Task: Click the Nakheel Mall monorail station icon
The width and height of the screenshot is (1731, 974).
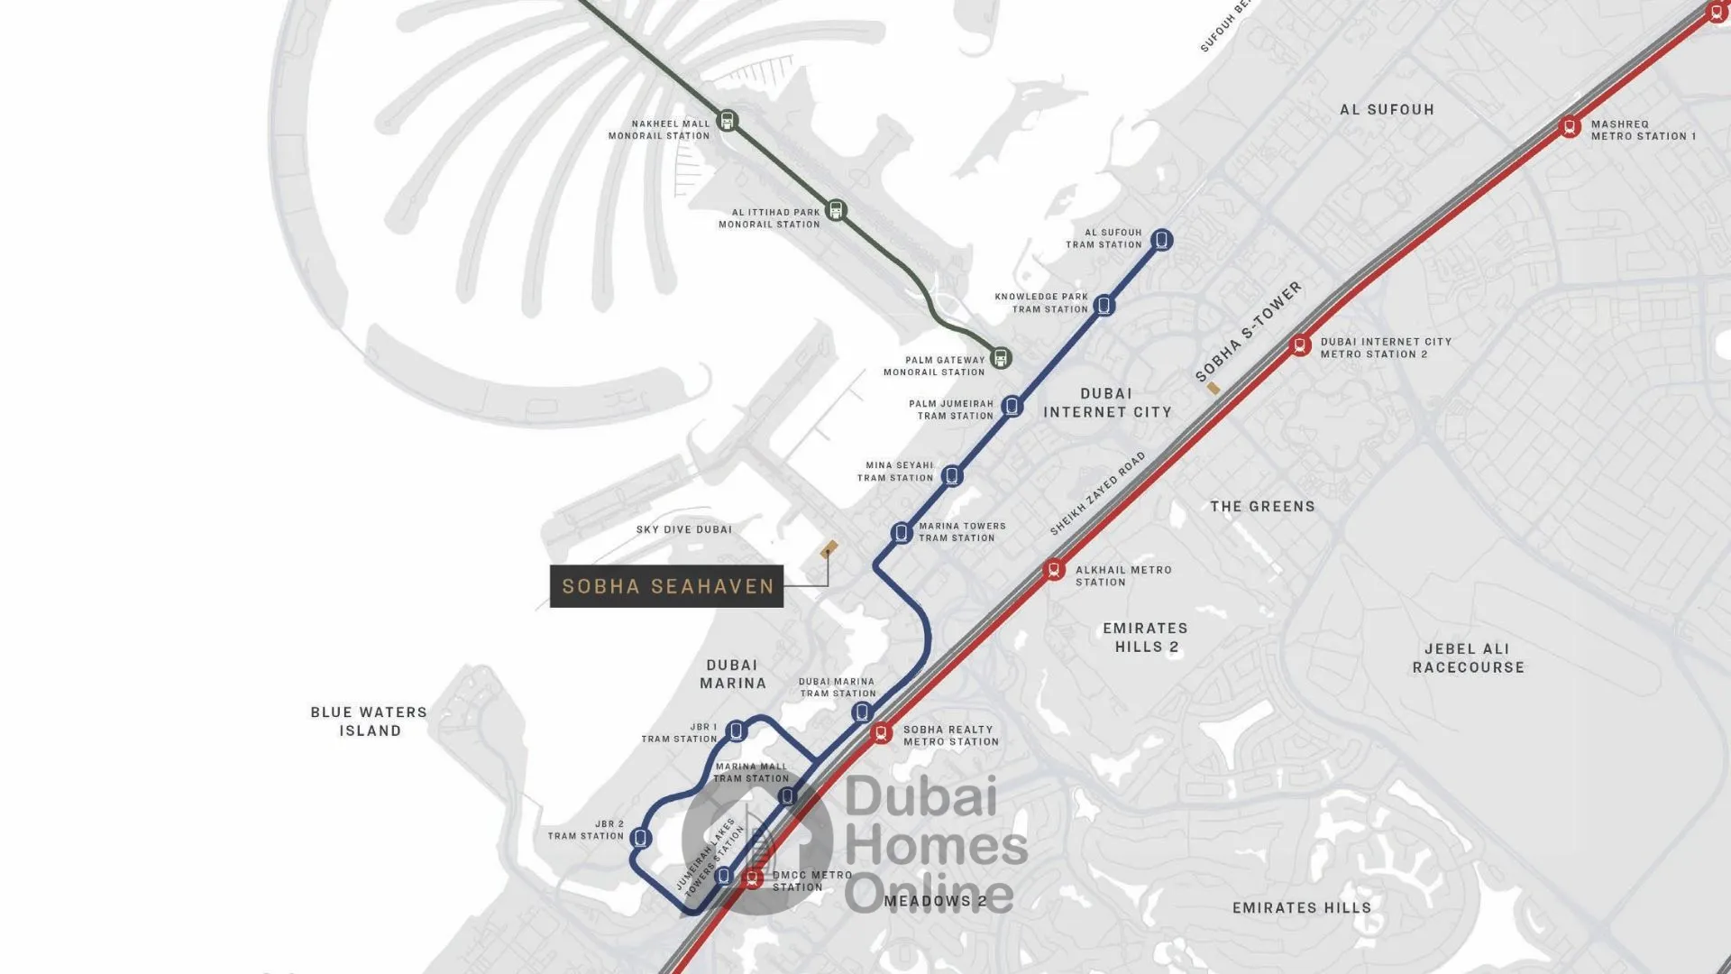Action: click(727, 120)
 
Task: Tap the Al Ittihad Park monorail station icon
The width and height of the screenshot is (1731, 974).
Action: click(836, 211)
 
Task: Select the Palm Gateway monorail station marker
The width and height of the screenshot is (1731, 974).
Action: click(1000, 357)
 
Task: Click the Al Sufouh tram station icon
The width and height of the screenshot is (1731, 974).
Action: click(1161, 240)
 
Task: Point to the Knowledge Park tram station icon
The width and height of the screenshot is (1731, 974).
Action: click(1104, 306)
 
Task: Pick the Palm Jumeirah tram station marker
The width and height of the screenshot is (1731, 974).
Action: click(1012, 407)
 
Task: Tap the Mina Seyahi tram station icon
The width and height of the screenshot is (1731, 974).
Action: click(952, 475)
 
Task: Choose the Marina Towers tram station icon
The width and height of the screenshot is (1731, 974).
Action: click(901, 533)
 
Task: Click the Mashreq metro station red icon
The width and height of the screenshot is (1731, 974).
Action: click(1570, 127)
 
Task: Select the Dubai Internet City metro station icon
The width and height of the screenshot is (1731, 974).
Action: click(1299, 345)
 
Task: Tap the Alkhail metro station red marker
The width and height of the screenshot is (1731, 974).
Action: click(1053, 570)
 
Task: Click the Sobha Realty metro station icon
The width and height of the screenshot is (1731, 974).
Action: click(881, 733)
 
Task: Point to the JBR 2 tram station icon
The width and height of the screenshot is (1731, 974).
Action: click(640, 838)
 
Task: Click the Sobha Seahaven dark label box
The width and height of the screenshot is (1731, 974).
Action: click(666, 586)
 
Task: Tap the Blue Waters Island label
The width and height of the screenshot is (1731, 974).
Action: click(370, 721)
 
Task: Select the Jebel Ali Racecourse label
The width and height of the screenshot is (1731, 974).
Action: click(1468, 658)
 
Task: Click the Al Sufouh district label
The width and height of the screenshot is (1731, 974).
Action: click(1387, 110)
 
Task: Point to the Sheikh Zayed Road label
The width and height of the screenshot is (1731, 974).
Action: click(1097, 493)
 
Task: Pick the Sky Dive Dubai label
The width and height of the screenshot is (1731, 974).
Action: click(683, 529)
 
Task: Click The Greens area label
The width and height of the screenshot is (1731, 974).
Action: click(1262, 507)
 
